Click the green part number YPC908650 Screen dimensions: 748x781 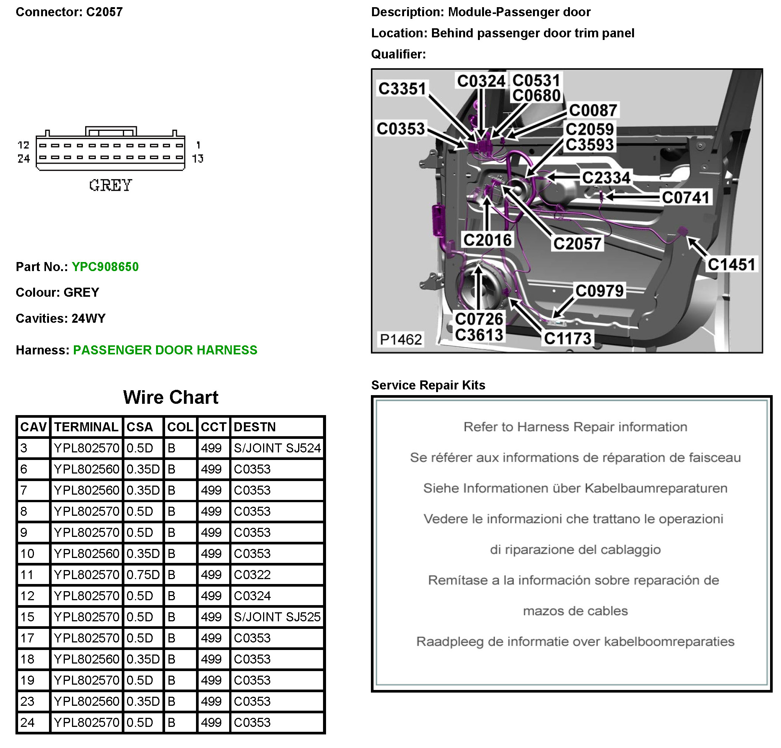click(105, 267)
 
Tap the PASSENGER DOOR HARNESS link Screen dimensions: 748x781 click(165, 350)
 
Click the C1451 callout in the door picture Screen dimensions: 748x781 click(731, 265)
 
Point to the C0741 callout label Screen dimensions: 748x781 click(685, 197)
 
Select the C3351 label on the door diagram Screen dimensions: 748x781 click(402, 89)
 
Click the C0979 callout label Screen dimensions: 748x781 click(599, 291)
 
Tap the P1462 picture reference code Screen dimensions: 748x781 click(400, 340)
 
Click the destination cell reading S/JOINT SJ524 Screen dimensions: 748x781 click(277, 448)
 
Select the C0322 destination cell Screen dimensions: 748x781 click(252, 575)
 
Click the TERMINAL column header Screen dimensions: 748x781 click(86, 427)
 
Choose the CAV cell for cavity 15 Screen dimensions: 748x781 click(28, 617)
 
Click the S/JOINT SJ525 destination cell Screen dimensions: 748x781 click(277, 617)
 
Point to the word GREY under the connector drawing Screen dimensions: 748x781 click(110, 185)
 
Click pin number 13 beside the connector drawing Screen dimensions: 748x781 click(198, 159)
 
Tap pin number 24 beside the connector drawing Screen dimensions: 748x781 click(23, 159)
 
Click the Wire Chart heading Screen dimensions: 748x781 click(170, 397)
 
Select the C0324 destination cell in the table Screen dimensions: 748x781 click(252, 596)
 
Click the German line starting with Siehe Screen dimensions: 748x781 click(575, 488)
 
